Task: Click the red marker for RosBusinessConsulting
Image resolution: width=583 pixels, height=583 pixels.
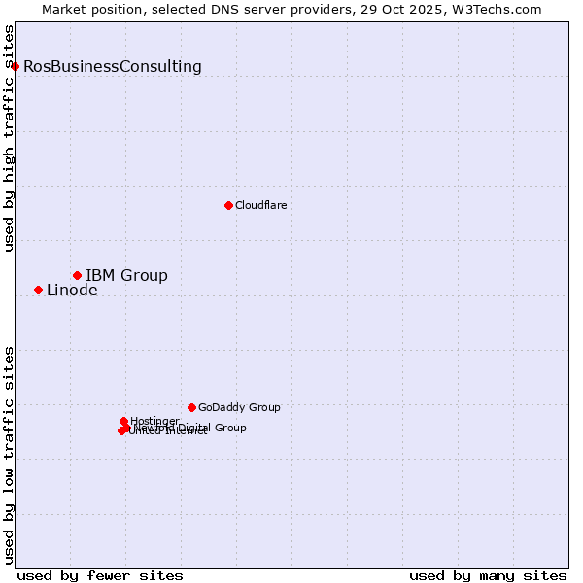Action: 15,66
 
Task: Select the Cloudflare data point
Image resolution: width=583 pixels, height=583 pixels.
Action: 228,205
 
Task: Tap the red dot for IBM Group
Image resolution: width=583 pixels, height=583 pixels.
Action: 77,276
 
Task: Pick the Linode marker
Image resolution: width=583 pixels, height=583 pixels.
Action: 38,290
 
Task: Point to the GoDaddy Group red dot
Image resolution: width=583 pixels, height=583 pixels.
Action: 191,407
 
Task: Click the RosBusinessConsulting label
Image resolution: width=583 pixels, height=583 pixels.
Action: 113,67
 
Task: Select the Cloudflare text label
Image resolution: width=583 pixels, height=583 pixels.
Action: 260,206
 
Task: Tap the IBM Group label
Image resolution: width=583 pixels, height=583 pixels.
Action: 126,276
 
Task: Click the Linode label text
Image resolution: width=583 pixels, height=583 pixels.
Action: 72,291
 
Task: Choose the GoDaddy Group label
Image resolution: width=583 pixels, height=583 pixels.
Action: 239,408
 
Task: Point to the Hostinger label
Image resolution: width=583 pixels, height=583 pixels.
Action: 154,421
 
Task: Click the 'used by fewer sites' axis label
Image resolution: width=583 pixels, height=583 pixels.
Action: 100,575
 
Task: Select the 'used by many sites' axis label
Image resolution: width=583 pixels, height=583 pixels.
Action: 488,575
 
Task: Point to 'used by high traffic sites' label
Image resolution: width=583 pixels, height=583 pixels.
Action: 10,138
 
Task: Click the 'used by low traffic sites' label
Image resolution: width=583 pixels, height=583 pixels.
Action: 10,454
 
